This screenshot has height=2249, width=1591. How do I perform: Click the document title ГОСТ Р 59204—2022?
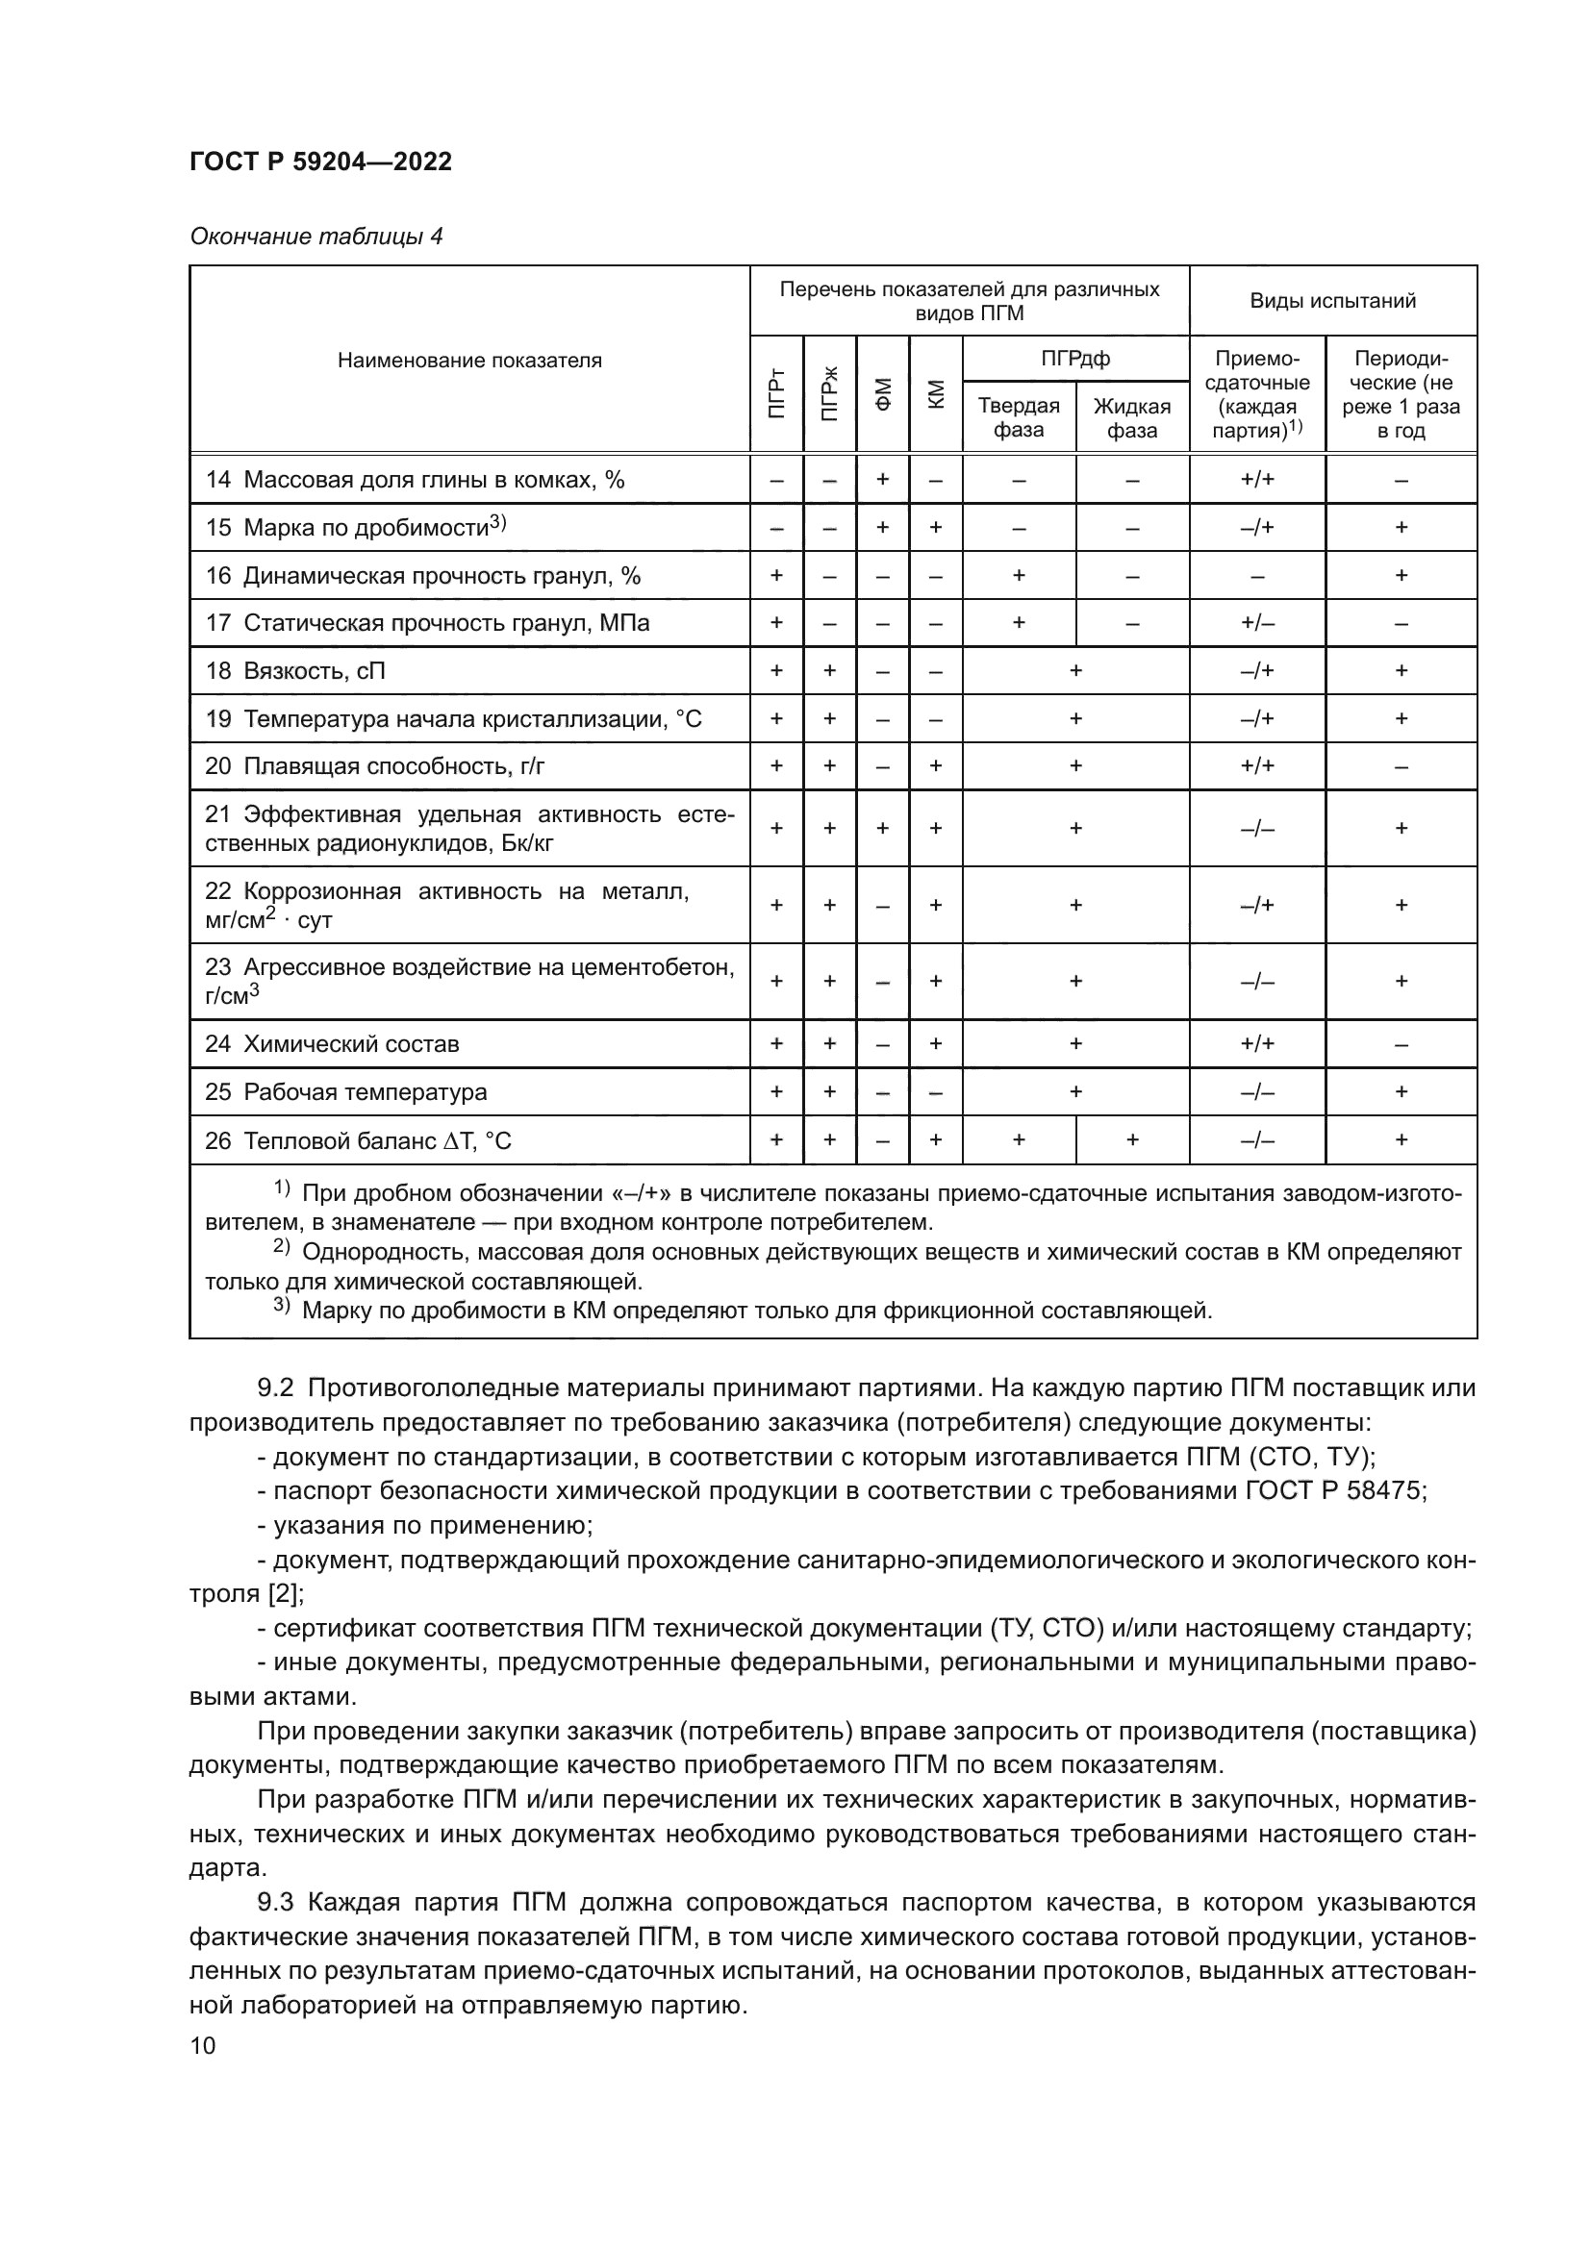[x=320, y=162]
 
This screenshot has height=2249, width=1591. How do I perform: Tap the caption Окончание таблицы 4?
[x=316, y=237]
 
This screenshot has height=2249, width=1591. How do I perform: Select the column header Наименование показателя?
[x=469, y=361]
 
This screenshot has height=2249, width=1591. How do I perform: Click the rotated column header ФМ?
[x=883, y=394]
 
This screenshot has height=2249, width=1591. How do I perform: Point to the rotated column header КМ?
[x=936, y=394]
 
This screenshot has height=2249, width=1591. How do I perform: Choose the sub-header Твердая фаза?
[x=1018, y=418]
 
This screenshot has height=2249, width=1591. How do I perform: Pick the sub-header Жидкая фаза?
[x=1131, y=418]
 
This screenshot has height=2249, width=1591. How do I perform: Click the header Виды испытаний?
[x=1332, y=301]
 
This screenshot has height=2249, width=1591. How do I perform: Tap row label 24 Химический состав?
[x=331, y=1044]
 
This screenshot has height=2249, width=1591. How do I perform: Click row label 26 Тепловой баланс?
[x=358, y=1141]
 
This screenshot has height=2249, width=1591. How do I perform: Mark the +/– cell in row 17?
[x=1257, y=623]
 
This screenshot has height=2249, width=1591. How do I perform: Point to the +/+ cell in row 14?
[x=1257, y=480]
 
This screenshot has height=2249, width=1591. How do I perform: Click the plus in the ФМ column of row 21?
[x=883, y=829]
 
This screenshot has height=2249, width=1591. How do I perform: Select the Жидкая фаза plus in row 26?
[x=1132, y=1140]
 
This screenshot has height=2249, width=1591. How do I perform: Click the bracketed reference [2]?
[x=284, y=1593]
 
